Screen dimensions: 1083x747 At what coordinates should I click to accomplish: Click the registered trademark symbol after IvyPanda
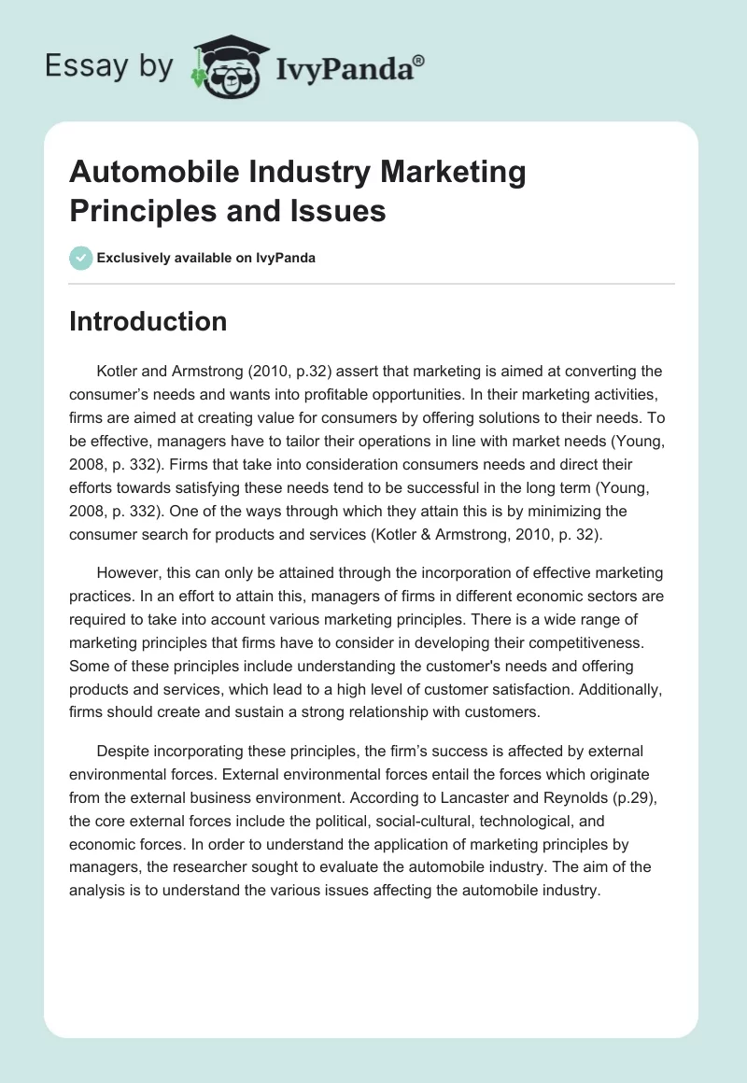(x=419, y=61)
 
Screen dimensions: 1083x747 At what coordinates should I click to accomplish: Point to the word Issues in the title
(x=338, y=211)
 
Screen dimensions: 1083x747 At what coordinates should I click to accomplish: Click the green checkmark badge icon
(x=80, y=258)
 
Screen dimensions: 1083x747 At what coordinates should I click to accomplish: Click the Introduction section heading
(x=148, y=321)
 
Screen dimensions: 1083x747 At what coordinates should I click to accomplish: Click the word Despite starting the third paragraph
(x=122, y=751)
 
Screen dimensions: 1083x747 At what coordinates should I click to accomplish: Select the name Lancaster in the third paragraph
(x=440, y=799)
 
